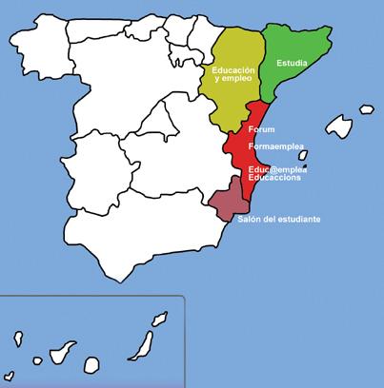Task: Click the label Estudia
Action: click(291, 64)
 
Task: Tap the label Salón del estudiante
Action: click(278, 220)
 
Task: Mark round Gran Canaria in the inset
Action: click(91, 363)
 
